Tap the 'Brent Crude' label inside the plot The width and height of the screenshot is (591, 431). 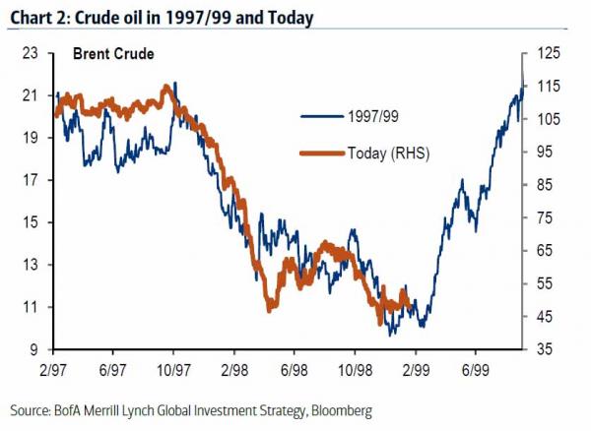(111, 55)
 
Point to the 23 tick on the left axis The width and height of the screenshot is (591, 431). (32, 53)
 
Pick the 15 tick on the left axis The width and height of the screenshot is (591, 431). (32, 222)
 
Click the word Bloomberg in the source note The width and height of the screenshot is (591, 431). (340, 408)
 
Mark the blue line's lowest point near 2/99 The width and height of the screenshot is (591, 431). (392, 335)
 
